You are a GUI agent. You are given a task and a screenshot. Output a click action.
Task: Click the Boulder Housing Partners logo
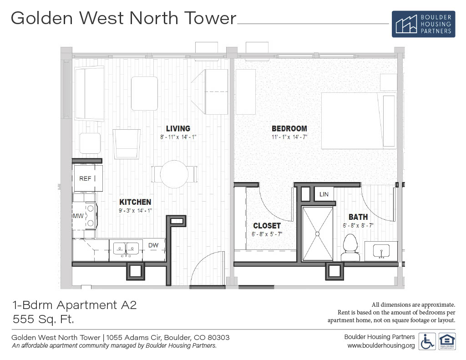(x=423, y=24)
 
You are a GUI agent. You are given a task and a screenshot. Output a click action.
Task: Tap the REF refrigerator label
(x=85, y=178)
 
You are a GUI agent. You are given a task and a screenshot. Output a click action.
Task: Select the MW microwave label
(x=78, y=216)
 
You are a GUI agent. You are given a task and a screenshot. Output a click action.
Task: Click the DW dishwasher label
(x=153, y=245)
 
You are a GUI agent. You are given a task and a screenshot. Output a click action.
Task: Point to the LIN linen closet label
(x=324, y=194)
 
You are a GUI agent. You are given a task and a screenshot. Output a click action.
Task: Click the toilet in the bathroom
(x=350, y=247)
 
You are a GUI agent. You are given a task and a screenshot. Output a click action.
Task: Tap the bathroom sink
(x=381, y=251)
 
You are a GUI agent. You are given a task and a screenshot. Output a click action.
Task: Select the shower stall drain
(x=317, y=234)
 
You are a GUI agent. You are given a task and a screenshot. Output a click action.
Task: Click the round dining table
(x=174, y=174)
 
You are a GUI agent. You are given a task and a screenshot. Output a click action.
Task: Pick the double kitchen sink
(x=126, y=249)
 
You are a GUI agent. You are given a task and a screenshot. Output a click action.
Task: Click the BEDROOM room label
(x=289, y=129)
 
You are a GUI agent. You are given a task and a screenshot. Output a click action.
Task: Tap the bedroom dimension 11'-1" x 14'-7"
(x=289, y=137)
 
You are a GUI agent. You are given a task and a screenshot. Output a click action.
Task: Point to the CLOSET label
(x=267, y=226)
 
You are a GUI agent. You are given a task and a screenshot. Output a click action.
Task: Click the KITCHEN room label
(x=135, y=202)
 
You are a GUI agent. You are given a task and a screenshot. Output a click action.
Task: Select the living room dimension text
(x=178, y=137)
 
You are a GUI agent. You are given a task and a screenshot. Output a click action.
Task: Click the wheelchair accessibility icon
(x=427, y=342)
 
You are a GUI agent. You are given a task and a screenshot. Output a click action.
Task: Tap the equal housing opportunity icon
(x=447, y=342)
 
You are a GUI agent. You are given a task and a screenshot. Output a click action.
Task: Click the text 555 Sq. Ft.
(x=43, y=319)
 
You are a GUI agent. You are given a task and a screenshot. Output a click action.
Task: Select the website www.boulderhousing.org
(x=381, y=345)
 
